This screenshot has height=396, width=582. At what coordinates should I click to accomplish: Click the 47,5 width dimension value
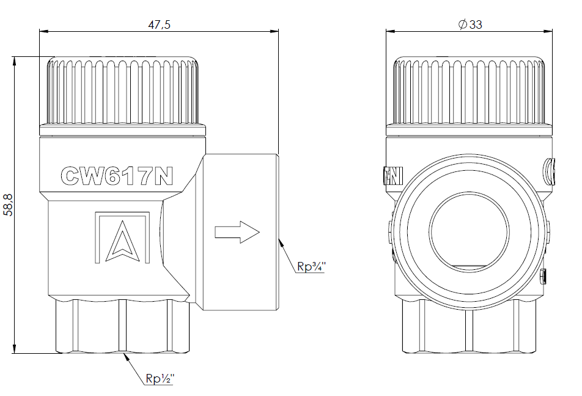(159, 24)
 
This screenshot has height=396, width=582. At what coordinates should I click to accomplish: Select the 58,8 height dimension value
(8, 204)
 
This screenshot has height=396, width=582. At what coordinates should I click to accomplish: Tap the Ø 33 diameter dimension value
(470, 24)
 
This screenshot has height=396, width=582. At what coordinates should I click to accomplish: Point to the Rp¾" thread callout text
(311, 266)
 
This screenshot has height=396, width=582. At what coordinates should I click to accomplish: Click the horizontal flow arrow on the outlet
(237, 232)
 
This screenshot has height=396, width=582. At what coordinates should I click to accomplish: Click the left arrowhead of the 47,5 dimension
(44, 31)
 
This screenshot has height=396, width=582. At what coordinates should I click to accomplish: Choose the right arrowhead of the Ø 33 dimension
(548, 31)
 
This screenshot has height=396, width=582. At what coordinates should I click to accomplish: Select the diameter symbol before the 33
(462, 24)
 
